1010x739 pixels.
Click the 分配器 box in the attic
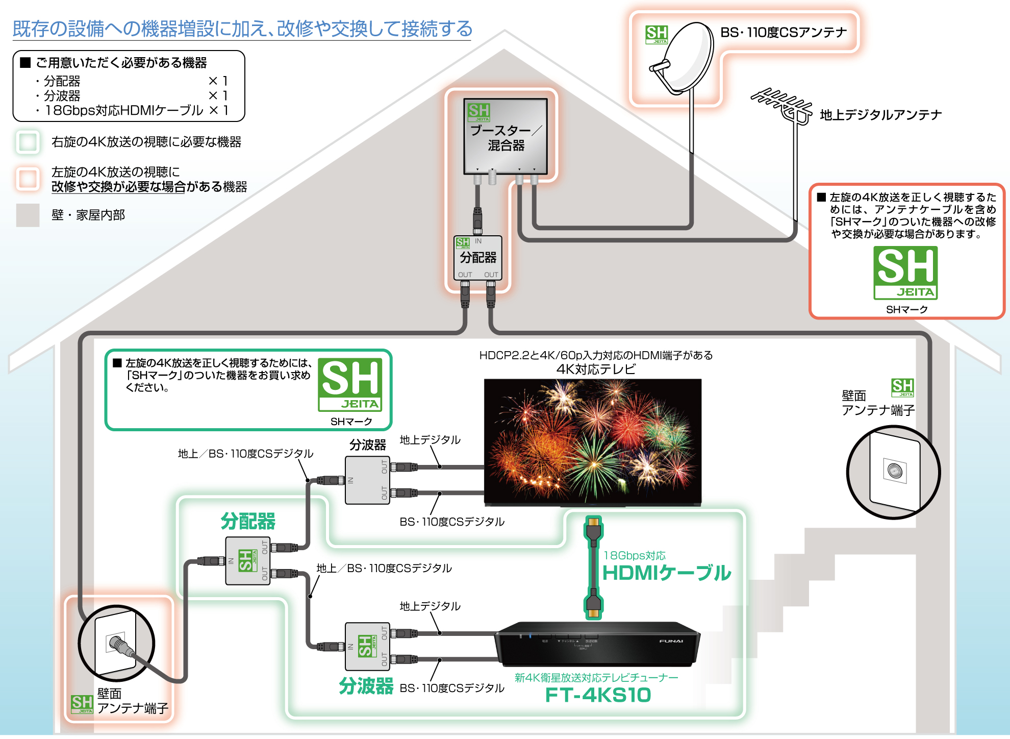[478, 258]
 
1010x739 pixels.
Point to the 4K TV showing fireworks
[592, 442]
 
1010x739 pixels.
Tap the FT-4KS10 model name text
[598, 695]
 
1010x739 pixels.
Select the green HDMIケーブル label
[666, 573]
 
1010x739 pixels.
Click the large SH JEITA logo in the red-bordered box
[905, 273]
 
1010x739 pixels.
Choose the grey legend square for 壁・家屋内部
[28, 215]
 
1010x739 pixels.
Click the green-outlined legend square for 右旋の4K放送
[28, 142]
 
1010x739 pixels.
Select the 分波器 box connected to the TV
[367, 480]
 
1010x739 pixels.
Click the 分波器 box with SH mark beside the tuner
[367, 646]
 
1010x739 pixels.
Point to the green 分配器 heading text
[248, 521]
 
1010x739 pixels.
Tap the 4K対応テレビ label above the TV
[596, 369]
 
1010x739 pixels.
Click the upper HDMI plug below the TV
[593, 529]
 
